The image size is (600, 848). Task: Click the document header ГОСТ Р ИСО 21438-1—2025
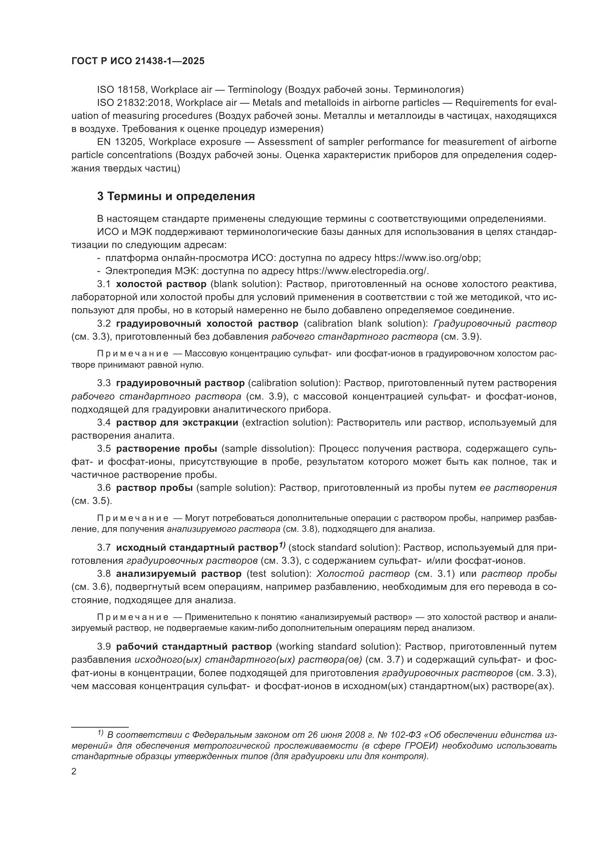pyautogui.click(x=138, y=61)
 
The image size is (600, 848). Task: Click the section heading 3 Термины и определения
pyautogui.click(x=176, y=197)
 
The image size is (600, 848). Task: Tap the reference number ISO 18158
pyautogui.click(x=121, y=90)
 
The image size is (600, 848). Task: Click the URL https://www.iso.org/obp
pyautogui.click(x=427, y=258)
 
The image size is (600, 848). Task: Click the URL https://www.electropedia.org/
pyautogui.click(x=362, y=271)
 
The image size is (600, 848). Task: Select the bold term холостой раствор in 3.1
pyautogui.click(x=161, y=284)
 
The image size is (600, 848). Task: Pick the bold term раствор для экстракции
pyautogui.click(x=177, y=422)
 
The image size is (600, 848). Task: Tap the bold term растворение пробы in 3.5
pyautogui.click(x=167, y=449)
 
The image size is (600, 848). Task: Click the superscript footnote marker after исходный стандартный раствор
pyautogui.click(x=282, y=545)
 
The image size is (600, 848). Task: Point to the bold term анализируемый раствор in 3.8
pyautogui.click(x=179, y=574)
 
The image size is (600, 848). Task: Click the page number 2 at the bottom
pyautogui.click(x=74, y=772)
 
